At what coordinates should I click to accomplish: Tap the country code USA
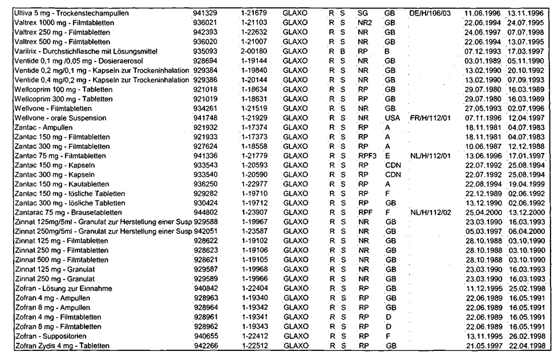coord(392,117)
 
